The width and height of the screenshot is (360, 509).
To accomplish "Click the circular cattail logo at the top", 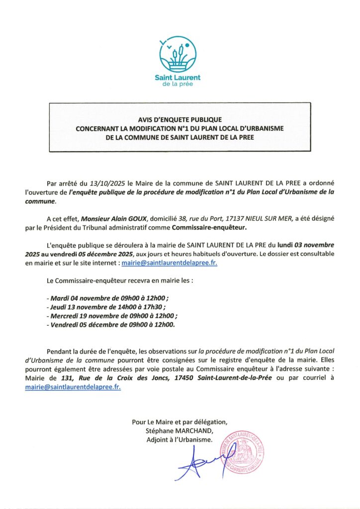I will (x=178, y=54).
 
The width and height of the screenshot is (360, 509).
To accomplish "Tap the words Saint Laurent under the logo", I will (x=178, y=78).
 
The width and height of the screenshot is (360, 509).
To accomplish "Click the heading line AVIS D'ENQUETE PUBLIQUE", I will (x=180, y=120).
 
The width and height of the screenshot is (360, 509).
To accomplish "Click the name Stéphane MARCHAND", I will (x=180, y=430).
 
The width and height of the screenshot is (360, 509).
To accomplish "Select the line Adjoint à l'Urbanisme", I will (x=180, y=439).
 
